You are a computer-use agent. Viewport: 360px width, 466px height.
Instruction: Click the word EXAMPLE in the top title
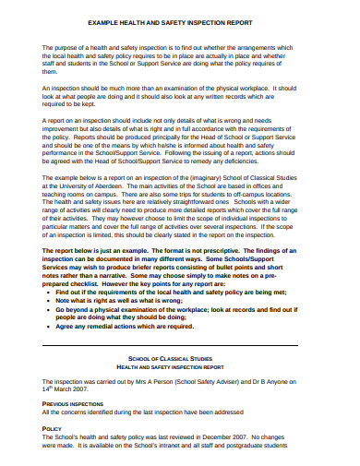coord(102,21)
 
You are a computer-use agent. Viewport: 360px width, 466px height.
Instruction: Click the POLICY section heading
coord(54,429)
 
